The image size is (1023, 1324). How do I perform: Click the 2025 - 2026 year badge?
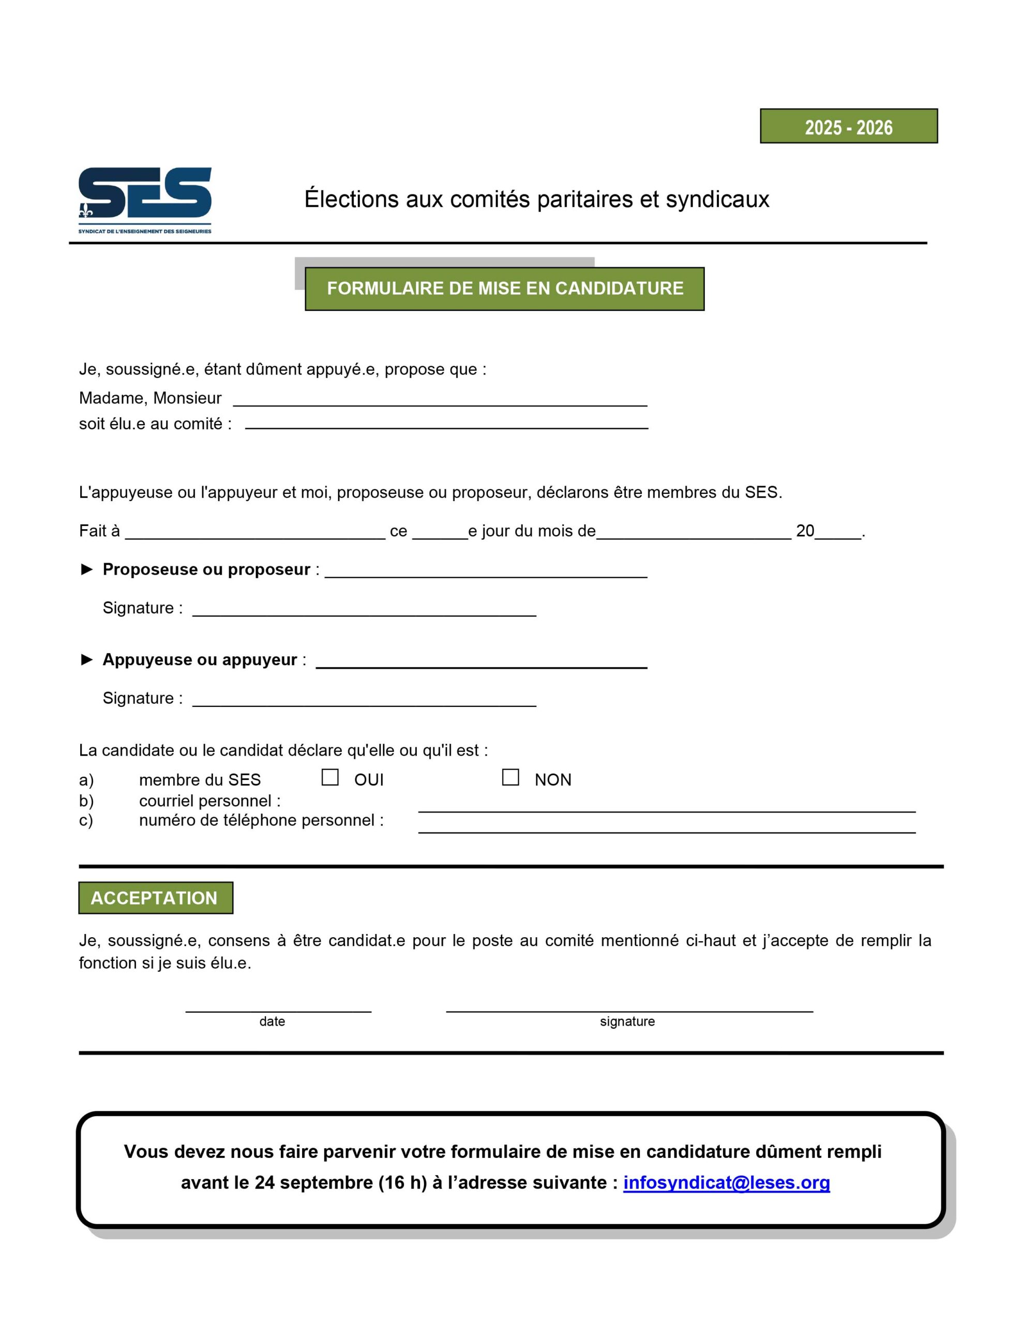848,126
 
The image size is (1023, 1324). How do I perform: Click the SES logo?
145,200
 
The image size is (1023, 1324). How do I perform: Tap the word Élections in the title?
352,200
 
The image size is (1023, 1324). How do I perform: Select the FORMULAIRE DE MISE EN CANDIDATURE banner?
505,289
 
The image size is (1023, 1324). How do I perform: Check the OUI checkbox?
330,777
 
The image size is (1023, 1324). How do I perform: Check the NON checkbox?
510,777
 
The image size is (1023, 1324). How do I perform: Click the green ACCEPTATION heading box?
156,898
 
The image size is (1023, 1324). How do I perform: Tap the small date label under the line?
272,1021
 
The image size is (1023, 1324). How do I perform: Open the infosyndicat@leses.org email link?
727,1182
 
